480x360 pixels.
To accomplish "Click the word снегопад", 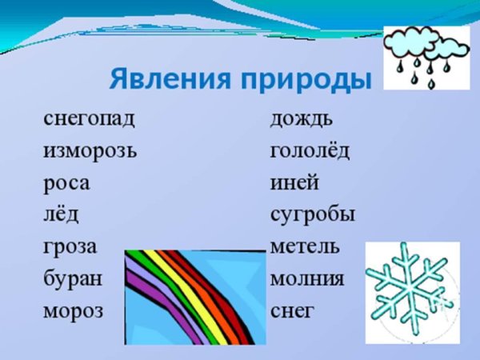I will click(89, 119).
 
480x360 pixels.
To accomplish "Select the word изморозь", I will click(90, 151).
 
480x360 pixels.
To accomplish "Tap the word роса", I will click(66, 183).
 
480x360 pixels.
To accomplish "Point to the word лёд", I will click(61, 214).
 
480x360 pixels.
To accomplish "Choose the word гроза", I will click(70, 246).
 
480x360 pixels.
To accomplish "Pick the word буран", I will click(73, 278).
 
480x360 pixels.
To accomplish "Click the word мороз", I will click(74, 310).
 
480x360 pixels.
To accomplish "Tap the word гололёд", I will click(310, 151).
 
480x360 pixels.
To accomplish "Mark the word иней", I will click(294, 183).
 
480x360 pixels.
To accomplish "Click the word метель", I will click(305, 246).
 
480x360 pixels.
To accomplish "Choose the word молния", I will click(307, 278).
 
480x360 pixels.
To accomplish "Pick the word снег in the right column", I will click(292, 310).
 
